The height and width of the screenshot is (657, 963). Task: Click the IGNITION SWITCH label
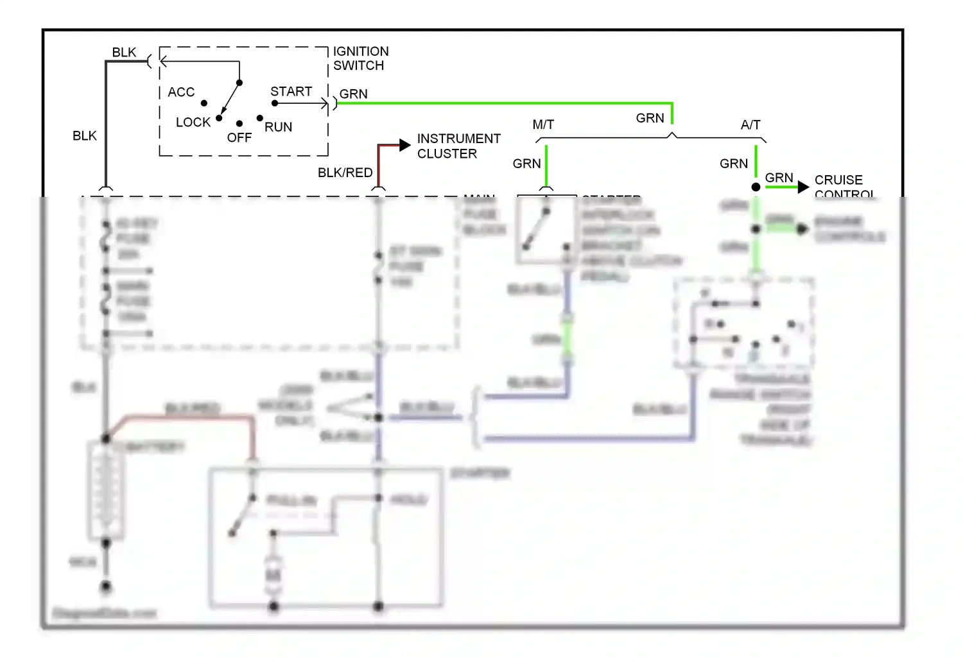(360, 58)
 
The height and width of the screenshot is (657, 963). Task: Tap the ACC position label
(181, 92)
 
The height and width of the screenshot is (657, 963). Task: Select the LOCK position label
(193, 123)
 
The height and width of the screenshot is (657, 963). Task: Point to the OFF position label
(239, 138)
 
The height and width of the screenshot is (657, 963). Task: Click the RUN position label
(278, 127)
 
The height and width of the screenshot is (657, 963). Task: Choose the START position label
(291, 92)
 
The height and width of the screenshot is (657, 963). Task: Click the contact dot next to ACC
(204, 103)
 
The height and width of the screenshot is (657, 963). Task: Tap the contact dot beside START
(275, 103)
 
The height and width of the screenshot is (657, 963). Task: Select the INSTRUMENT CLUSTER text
(458, 146)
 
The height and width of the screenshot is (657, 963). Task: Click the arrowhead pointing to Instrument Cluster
(404, 146)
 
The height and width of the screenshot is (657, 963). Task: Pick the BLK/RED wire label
(345, 173)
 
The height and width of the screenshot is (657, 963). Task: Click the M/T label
(543, 125)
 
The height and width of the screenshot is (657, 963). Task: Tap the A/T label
(750, 125)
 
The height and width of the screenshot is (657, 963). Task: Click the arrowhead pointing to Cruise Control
(802, 187)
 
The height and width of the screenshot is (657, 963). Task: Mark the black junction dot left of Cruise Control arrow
(756, 187)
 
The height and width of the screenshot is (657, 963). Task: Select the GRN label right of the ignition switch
(353, 94)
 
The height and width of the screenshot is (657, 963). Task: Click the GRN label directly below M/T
(526, 164)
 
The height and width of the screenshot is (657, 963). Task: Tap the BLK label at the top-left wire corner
(124, 53)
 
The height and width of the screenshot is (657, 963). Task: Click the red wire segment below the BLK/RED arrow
(379, 167)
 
